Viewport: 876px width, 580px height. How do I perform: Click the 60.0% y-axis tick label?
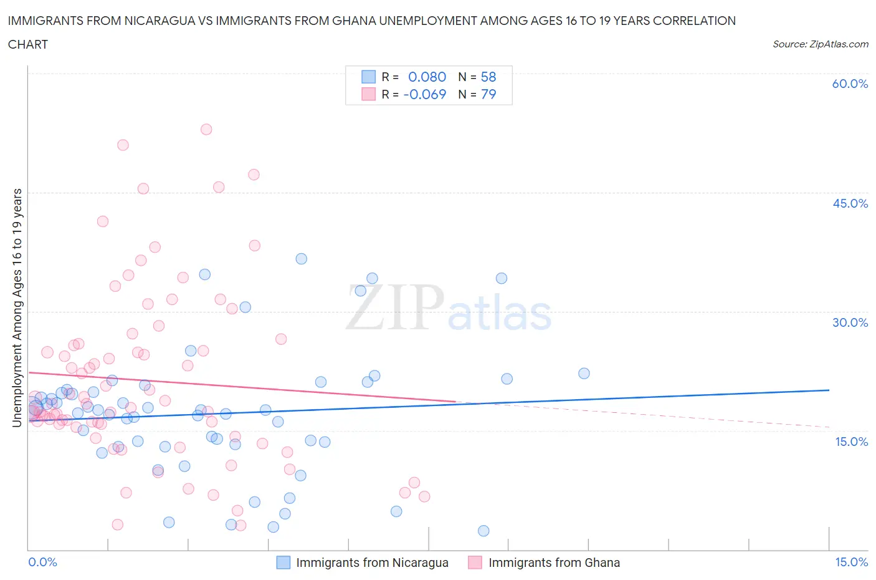tap(849, 84)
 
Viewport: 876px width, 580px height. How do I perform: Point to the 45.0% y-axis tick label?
tap(850, 203)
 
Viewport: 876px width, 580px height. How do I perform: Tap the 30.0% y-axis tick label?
tap(850, 322)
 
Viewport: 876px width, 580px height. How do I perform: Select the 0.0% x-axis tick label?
tap(42, 562)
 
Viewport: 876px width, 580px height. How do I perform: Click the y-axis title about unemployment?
tap(17, 308)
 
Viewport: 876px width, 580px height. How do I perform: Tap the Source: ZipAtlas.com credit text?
tap(820, 44)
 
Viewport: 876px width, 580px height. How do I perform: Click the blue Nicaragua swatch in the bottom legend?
tap(283, 563)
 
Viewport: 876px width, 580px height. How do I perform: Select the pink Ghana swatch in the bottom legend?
tap(475, 563)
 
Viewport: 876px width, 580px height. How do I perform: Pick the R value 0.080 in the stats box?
tap(427, 77)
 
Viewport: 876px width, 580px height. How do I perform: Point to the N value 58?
tap(488, 77)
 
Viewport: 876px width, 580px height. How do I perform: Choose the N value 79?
tap(488, 94)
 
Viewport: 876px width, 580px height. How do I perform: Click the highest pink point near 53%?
tap(206, 129)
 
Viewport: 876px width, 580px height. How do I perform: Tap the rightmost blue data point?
tap(584, 374)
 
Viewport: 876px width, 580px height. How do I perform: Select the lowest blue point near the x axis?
tap(483, 531)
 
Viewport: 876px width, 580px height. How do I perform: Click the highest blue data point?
tap(302, 259)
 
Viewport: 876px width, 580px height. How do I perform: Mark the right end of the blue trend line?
tap(829, 390)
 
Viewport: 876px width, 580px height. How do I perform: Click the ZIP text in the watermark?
tap(394, 307)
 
